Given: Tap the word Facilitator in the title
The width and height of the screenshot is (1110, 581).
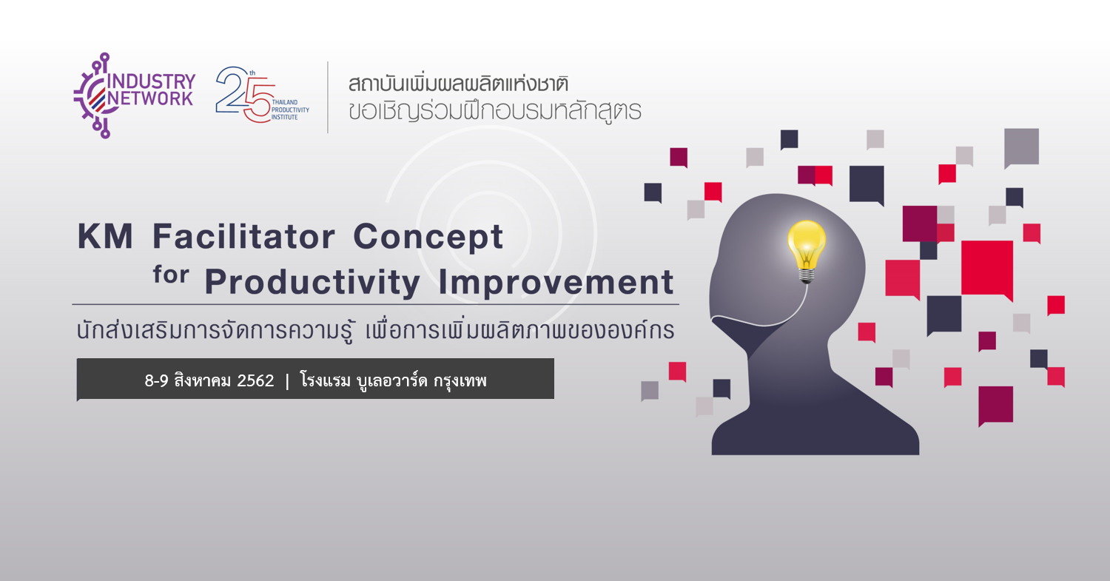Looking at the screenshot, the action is [243, 236].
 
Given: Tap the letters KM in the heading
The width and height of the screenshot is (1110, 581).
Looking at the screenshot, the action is [105, 236].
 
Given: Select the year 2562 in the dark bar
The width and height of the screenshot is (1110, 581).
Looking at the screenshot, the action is [255, 380].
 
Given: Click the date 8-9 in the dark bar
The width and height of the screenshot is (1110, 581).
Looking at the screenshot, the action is [157, 380].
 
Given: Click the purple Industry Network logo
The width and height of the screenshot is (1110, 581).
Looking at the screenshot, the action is [134, 95].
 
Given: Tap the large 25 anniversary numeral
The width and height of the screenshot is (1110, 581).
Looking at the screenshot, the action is [245, 94].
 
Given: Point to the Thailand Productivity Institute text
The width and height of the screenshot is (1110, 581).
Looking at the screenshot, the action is [290, 110].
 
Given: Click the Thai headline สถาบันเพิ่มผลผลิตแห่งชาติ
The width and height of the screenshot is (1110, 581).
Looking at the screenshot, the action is [458, 84].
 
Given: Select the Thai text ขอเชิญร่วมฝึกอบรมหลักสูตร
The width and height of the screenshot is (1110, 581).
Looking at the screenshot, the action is [495, 112].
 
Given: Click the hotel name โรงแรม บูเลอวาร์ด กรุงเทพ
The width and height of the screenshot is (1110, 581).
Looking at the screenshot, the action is [394, 380].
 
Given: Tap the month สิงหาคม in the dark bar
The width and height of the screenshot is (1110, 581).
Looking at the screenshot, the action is [203, 380].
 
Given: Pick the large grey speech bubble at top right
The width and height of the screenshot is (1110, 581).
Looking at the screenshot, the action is [1021, 148].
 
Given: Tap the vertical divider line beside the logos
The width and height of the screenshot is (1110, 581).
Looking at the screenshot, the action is [328, 97].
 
